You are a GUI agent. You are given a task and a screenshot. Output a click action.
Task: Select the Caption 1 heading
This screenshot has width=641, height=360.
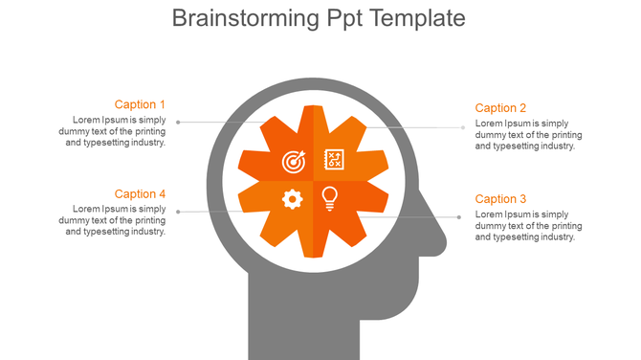pyautogui.click(x=140, y=104)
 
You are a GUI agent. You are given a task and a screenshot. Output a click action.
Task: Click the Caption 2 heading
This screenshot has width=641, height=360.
pyautogui.click(x=500, y=108)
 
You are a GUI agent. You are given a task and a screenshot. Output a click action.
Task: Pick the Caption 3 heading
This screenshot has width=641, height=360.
pyautogui.click(x=500, y=199)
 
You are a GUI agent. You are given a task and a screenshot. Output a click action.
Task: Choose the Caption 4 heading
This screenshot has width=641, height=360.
pyautogui.click(x=140, y=194)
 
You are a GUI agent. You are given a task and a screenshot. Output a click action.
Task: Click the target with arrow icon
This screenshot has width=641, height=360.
pyautogui.click(x=294, y=161)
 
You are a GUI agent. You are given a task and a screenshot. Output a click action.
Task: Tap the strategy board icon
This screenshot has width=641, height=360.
pyautogui.click(x=334, y=159)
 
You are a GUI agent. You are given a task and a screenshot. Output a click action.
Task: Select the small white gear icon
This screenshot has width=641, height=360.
pyautogui.click(x=293, y=198)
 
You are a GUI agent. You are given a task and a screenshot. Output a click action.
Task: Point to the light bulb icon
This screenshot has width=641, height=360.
pyautogui.click(x=330, y=198)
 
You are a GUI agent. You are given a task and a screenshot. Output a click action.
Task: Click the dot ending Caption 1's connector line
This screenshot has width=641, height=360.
pyautogui.click(x=178, y=122)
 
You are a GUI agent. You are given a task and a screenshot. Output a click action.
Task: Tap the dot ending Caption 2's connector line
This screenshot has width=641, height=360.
pyautogui.click(x=463, y=127)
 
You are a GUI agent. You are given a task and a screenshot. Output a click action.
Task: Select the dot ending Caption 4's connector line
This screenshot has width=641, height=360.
pyautogui.click(x=178, y=212)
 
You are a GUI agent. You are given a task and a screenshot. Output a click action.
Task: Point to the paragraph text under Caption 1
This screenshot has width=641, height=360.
pyautogui.click(x=119, y=131)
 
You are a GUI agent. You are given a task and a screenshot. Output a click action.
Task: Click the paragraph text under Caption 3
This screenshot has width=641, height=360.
pyautogui.click(x=528, y=226)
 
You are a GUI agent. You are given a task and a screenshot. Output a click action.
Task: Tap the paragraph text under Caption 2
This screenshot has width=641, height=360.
pyautogui.click(x=528, y=135)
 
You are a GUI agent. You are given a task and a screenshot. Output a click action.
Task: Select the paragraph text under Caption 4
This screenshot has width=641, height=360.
pyautogui.click(x=119, y=220)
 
